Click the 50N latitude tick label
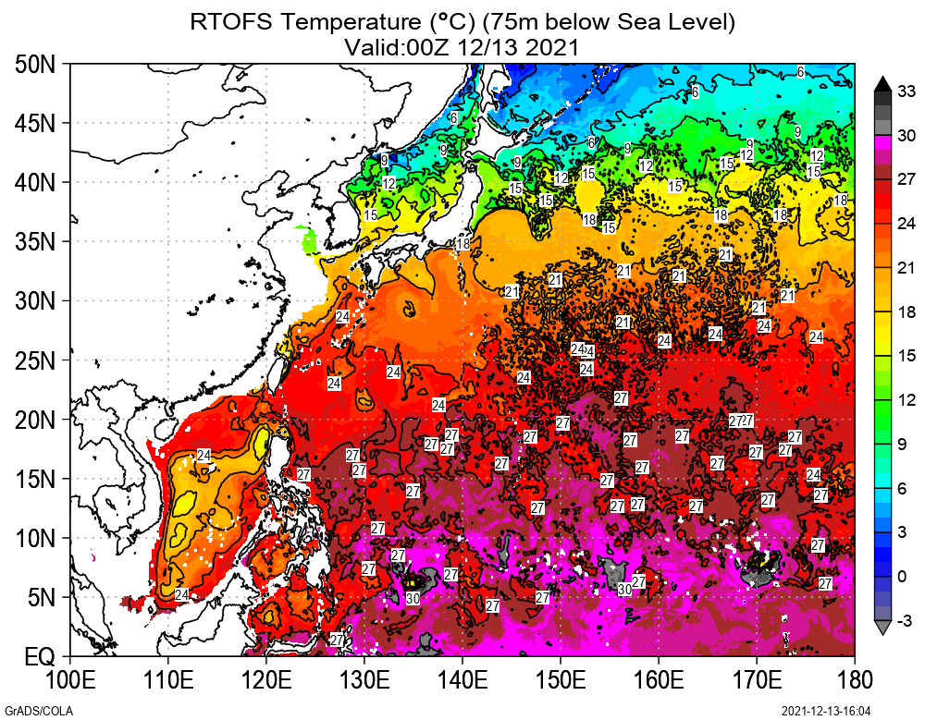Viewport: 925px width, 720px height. (x=37, y=65)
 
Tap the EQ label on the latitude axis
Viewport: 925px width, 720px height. (x=40, y=658)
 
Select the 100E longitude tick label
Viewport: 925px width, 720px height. (x=71, y=681)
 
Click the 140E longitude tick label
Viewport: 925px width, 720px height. (x=462, y=681)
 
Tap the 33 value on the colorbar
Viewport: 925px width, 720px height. (x=906, y=91)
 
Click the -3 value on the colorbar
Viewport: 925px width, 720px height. (x=906, y=619)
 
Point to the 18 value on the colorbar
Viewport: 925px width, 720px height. (x=906, y=311)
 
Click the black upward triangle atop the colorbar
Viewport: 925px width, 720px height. (x=882, y=83)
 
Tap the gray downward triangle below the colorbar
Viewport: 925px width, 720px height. (x=882, y=628)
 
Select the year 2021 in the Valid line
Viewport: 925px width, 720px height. (x=553, y=46)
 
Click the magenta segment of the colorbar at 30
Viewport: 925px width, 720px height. (x=882, y=141)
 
